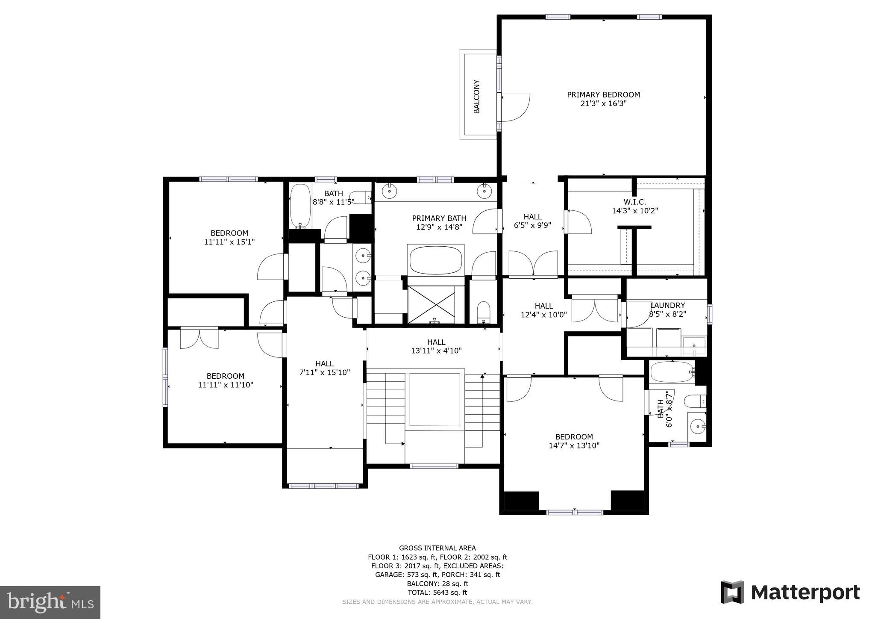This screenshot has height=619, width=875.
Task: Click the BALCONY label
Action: coord(477,97)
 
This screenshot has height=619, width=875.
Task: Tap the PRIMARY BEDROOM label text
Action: coord(603,94)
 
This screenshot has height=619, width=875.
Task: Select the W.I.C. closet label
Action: coord(634,202)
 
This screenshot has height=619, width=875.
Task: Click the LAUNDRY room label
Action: coord(667,305)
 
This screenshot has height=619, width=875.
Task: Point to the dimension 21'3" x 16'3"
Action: coord(603,103)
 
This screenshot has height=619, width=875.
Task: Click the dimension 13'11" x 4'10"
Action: coord(436,351)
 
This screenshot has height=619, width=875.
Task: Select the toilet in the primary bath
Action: coord(483,311)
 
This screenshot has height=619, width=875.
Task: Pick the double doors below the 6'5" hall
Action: coord(533,263)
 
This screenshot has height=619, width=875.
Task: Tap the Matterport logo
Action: coord(790,592)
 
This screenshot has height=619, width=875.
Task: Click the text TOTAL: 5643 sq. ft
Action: coord(437,592)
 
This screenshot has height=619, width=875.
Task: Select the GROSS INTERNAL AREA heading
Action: coord(437,548)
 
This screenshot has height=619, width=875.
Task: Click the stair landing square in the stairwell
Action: coord(435,399)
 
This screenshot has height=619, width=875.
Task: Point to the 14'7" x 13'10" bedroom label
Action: coord(574,441)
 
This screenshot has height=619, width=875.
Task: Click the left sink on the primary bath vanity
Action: coord(390,191)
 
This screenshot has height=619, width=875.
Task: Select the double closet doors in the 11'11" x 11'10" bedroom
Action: coord(199,338)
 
